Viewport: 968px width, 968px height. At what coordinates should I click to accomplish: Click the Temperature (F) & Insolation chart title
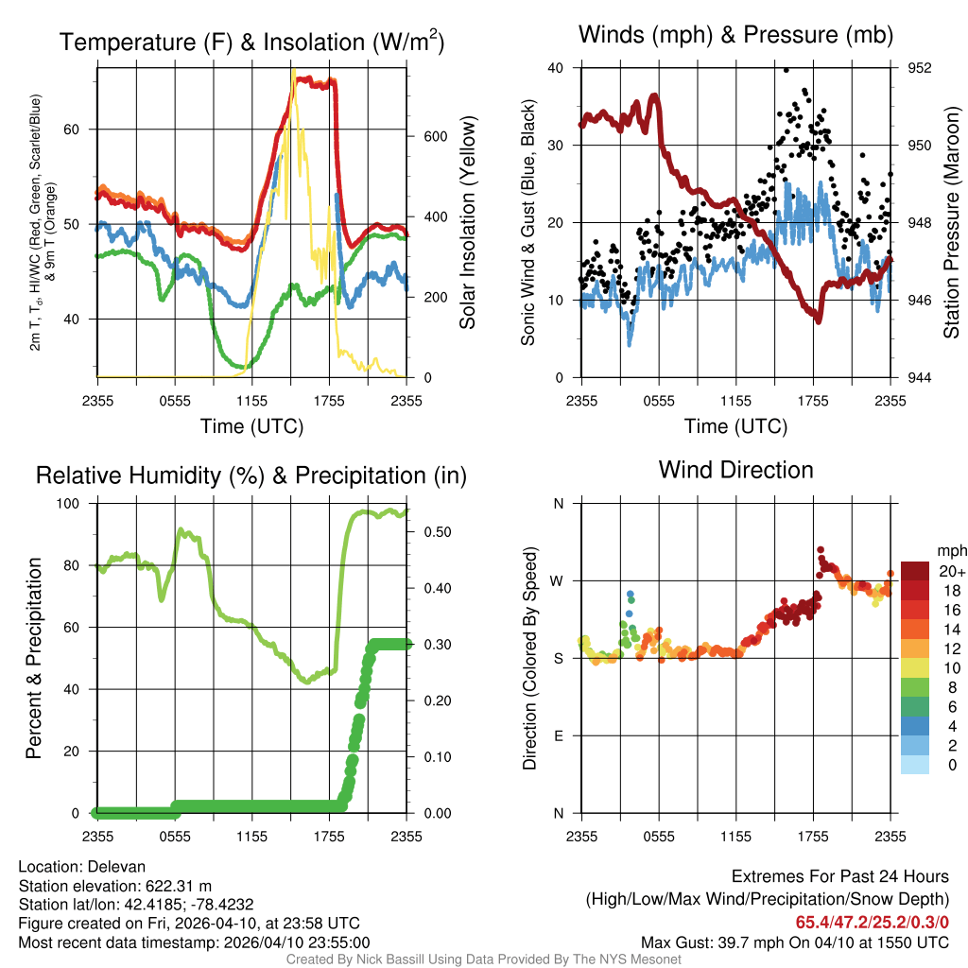(251, 43)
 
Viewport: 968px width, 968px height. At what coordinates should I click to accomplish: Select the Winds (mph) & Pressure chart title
(735, 35)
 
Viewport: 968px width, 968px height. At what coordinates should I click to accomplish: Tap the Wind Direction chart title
(735, 470)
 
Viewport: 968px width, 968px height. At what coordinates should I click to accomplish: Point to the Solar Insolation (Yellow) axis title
(467, 223)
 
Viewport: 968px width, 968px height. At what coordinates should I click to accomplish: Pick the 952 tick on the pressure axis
(920, 68)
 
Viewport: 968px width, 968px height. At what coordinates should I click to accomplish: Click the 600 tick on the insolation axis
(435, 136)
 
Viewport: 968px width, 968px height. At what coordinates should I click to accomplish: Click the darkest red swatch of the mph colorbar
(915, 571)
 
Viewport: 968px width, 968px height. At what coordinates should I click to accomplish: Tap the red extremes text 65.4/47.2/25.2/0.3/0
(872, 922)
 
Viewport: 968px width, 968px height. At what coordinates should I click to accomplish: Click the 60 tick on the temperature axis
(82, 130)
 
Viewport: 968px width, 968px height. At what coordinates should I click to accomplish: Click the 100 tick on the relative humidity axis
(77, 503)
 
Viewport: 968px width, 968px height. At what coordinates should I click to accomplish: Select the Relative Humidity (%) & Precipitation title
(251, 475)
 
